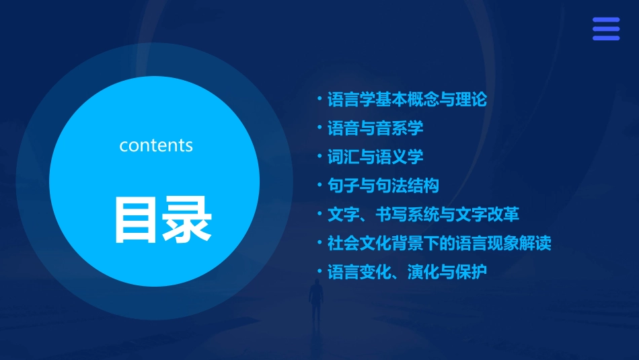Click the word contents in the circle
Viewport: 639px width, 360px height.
[x=156, y=145]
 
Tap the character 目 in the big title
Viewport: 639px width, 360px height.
[x=133, y=219]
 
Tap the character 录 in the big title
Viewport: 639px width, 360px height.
[x=184, y=219]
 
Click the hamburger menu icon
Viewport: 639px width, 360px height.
[x=606, y=29]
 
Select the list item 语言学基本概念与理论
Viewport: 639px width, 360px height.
[x=406, y=100]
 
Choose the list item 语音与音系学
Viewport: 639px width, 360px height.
[x=375, y=129]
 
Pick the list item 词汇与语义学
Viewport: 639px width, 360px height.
[x=375, y=157]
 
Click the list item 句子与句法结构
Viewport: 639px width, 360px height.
[x=383, y=186]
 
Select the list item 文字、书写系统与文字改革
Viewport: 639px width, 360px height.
[x=422, y=215]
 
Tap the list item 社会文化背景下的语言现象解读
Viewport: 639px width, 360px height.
[x=439, y=243]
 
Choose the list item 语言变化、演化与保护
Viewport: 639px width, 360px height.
[x=406, y=272]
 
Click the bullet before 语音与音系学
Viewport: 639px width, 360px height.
[x=319, y=127]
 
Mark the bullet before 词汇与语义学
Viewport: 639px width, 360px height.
[x=319, y=156]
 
